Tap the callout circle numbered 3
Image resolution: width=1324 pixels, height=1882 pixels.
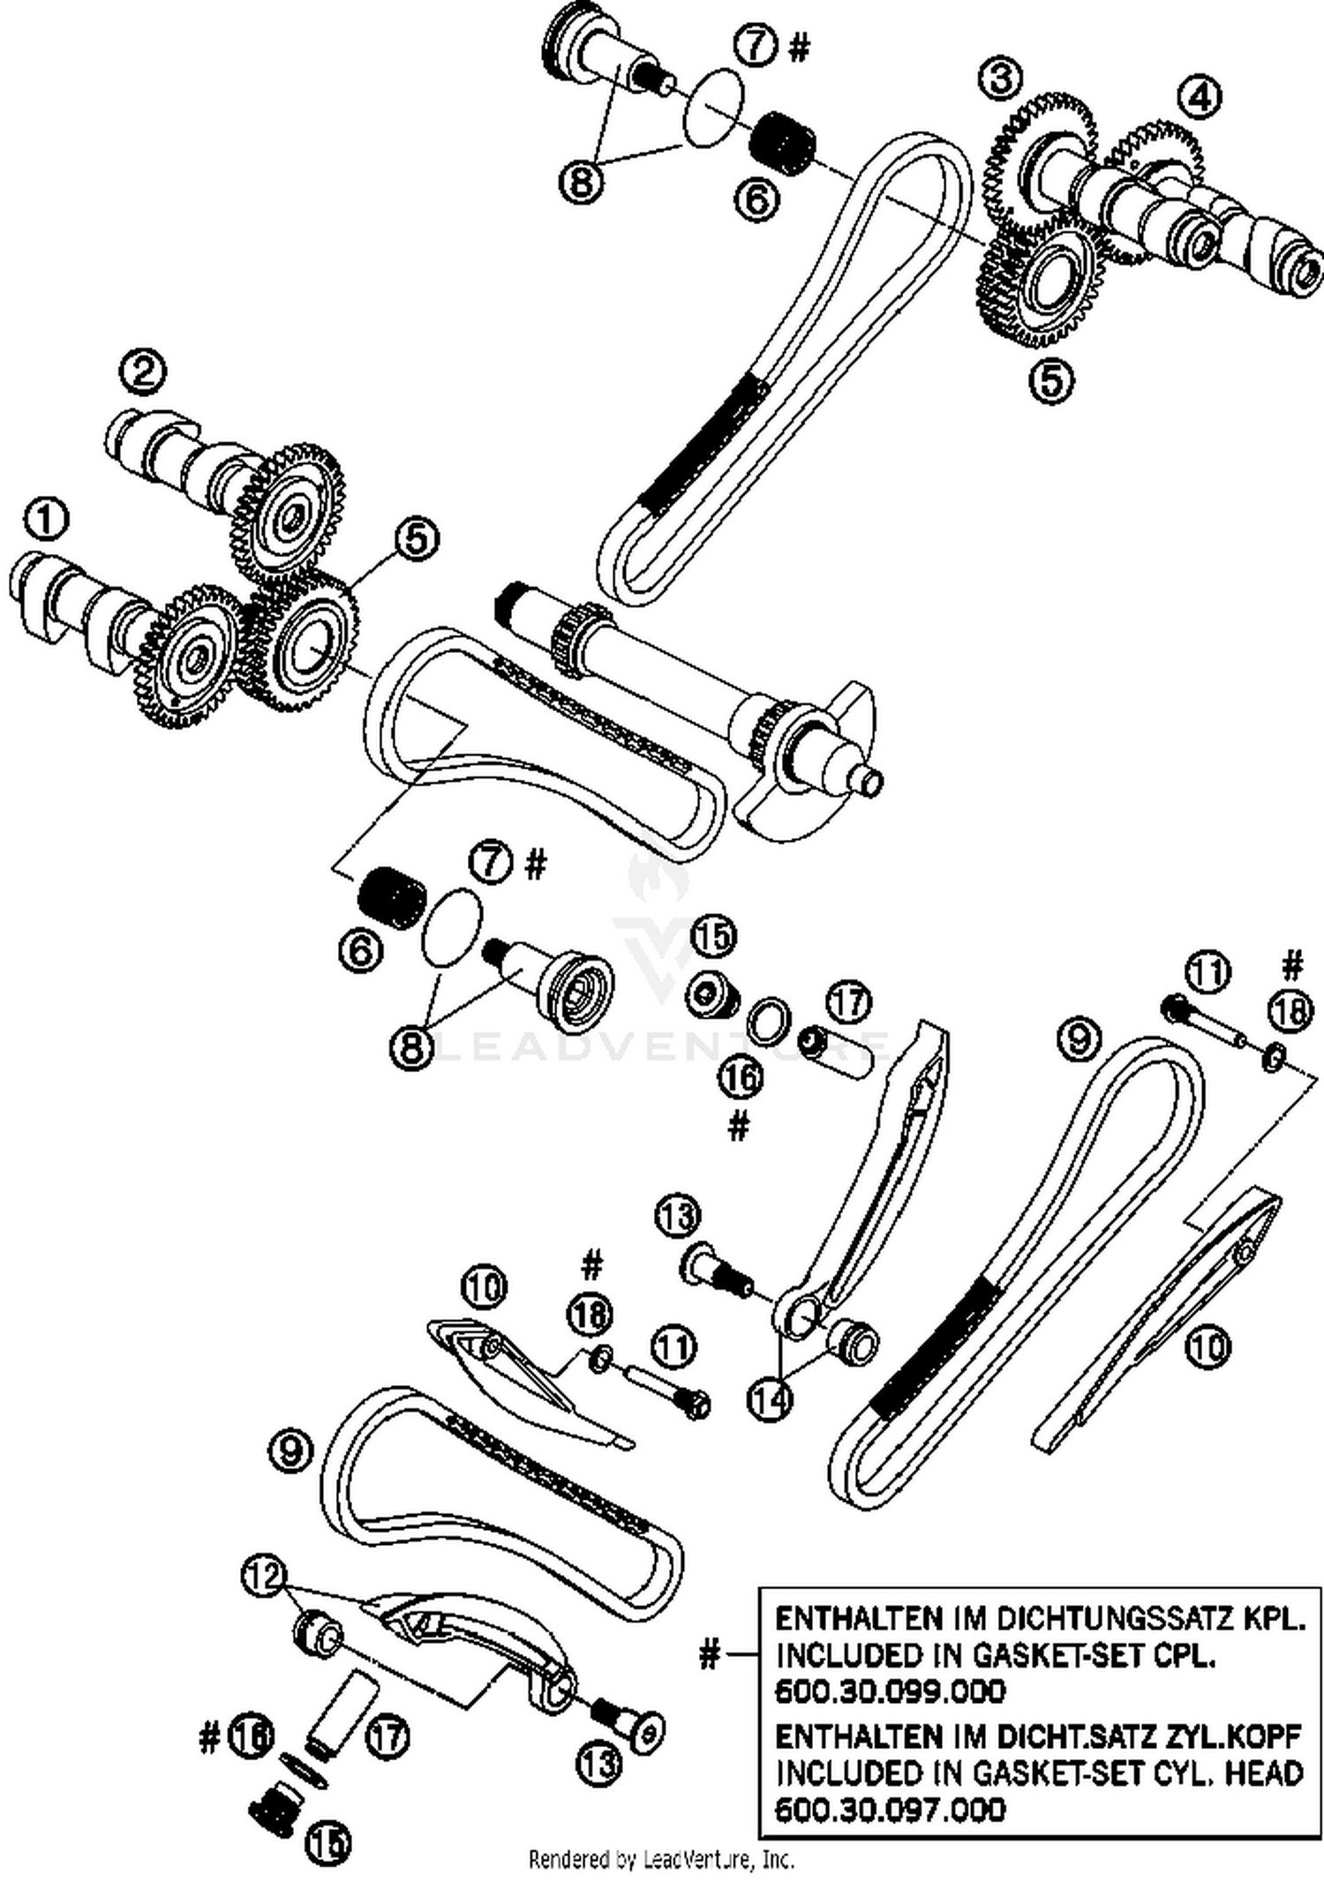(x=1000, y=78)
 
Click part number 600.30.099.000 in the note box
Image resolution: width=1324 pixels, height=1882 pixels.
(x=890, y=1691)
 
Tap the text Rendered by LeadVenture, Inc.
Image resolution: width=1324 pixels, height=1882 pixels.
(x=661, y=1860)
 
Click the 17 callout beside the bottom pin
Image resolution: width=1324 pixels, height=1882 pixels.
(x=387, y=1736)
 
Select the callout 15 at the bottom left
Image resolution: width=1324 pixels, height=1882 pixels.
(x=328, y=1842)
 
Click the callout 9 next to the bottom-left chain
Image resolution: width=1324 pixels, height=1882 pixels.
(x=290, y=1451)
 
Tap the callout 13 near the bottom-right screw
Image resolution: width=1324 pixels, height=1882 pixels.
(x=599, y=1764)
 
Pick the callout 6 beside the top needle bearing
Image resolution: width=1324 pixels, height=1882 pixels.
(x=757, y=199)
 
